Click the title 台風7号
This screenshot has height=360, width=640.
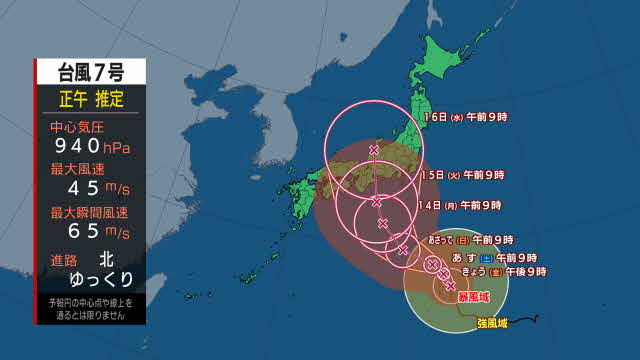coord(90,72)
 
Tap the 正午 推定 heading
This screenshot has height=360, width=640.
coord(90,99)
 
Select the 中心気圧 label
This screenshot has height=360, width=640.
coord(76,128)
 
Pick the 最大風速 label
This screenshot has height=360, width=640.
coord(76,170)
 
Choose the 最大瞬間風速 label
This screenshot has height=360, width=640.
coord(90,212)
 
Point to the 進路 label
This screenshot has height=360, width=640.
coord(64,260)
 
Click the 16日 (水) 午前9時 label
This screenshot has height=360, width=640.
coord(462,116)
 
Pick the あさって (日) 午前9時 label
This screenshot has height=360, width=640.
coord(471,240)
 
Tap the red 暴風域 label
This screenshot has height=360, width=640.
coord(473,297)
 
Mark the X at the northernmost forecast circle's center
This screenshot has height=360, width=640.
coord(374,150)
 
